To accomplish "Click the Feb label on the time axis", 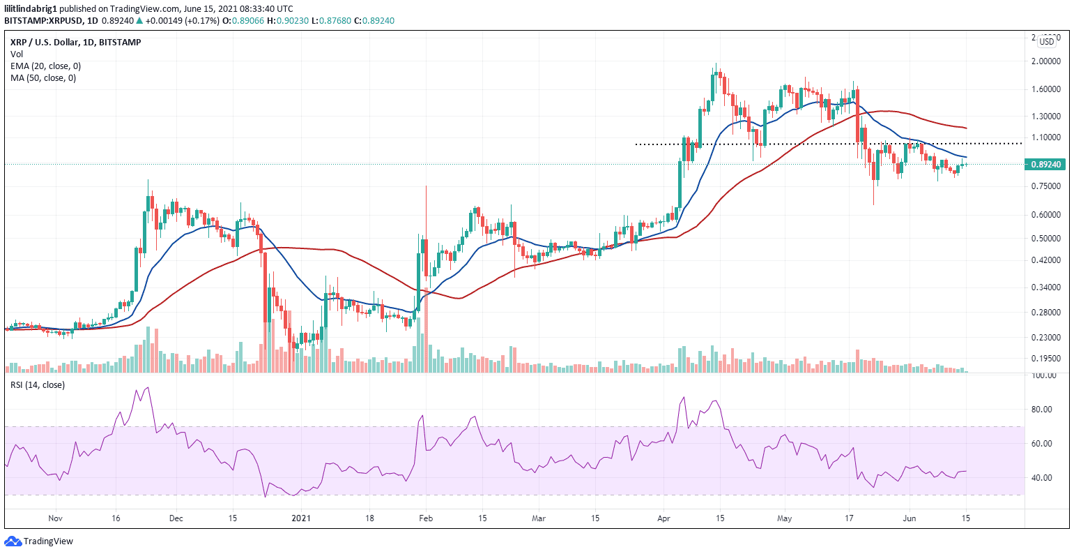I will pos(426,518).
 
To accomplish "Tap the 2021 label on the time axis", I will pos(300,518).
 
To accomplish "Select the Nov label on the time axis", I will pos(56,518).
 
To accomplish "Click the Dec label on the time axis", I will pos(176,518).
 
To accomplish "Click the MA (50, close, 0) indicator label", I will pos(43,78).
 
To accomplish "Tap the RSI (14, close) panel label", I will pos(37,385).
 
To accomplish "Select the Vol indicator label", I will pos(16,54).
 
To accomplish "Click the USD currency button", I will pos(1047,42).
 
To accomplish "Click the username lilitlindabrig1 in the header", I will pos(31,8).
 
